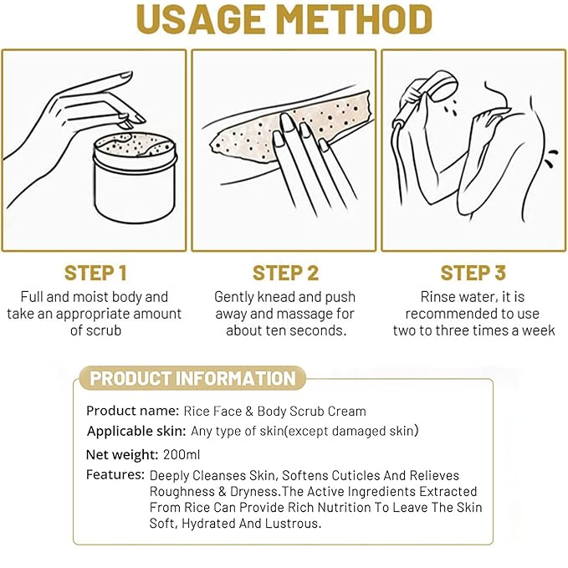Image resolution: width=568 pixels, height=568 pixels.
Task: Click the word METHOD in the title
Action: (x=355, y=19)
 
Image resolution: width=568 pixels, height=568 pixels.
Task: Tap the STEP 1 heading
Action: (x=95, y=274)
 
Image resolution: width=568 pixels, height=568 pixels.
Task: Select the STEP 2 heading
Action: (x=285, y=274)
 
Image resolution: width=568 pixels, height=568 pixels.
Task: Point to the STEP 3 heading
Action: (x=473, y=274)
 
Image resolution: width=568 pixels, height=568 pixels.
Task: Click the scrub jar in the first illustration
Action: (x=136, y=177)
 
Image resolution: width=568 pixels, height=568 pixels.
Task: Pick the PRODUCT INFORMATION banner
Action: (x=192, y=378)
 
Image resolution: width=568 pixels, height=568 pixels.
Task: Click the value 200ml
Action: (x=182, y=454)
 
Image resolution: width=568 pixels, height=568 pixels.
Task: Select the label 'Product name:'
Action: (x=132, y=411)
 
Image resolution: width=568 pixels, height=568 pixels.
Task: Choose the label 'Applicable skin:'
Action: (x=136, y=431)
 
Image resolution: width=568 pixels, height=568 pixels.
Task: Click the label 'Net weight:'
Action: (x=122, y=454)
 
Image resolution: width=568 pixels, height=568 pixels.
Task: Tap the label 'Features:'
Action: (x=115, y=475)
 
